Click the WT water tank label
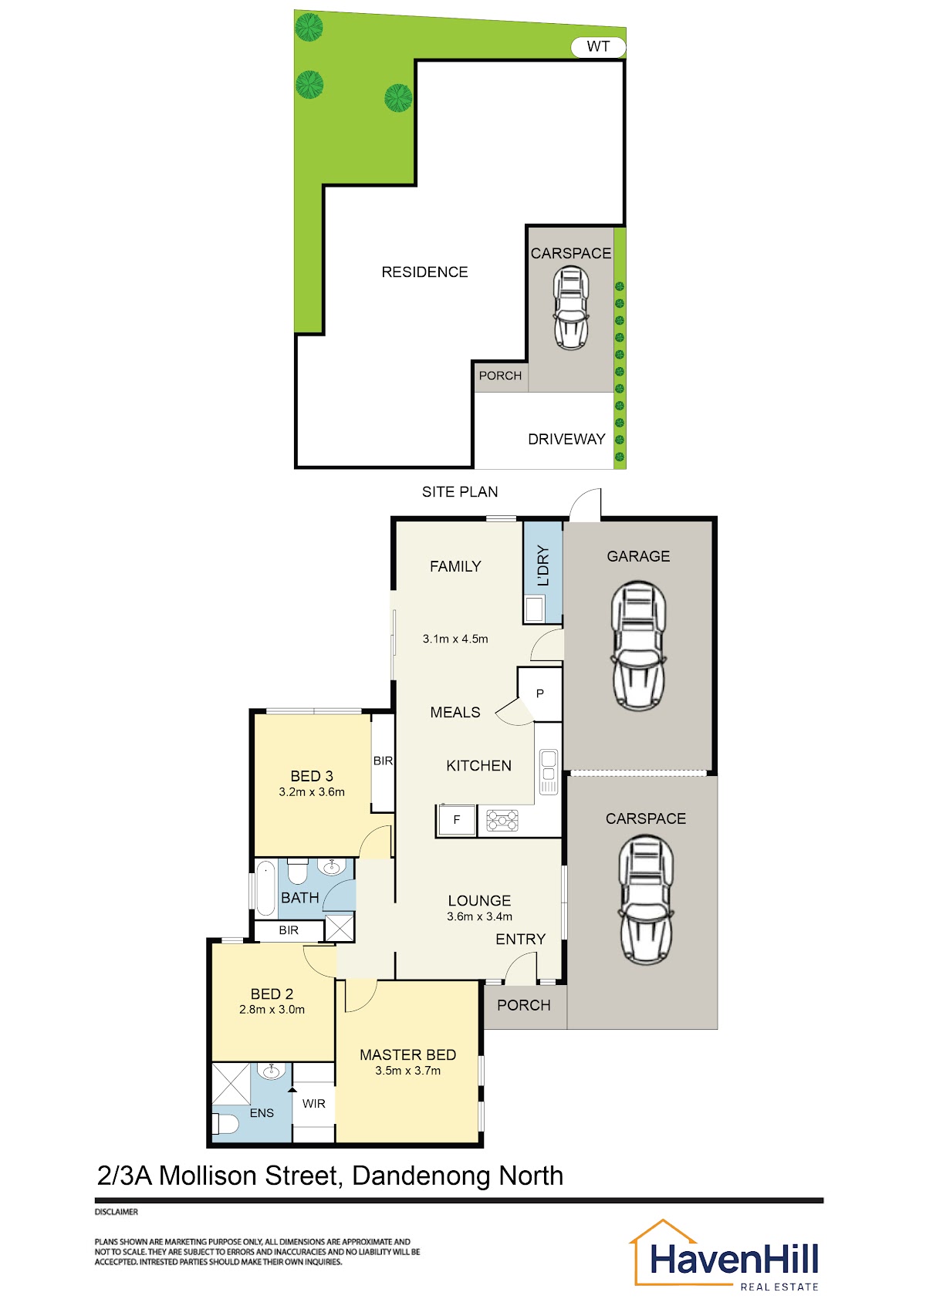[598, 46]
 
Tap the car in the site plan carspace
[570, 308]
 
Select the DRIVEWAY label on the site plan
[566, 440]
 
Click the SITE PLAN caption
[460, 492]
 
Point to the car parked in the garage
[638, 646]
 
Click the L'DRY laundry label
[543, 565]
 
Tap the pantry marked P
[540, 693]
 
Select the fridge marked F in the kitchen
[456, 820]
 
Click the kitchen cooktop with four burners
[502, 820]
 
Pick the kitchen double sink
[549, 771]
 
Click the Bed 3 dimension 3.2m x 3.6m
[312, 792]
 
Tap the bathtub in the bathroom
[266, 889]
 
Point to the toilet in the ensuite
[225, 1123]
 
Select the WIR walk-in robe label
[313, 1103]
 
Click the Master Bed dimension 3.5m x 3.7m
[407, 1071]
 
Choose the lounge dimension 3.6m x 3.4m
[479, 916]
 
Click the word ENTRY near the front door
[520, 939]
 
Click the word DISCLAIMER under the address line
[117, 1212]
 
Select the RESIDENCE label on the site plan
[424, 272]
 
